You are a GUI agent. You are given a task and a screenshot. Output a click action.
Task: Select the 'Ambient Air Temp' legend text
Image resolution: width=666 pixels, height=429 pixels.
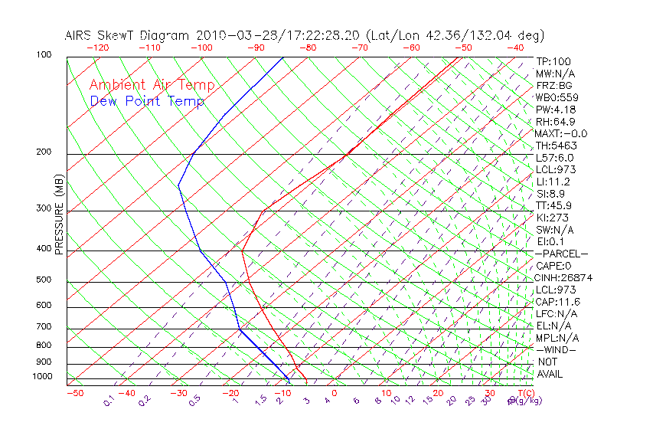click(152, 86)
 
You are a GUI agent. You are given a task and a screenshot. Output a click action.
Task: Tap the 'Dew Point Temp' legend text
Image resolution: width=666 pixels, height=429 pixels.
click(147, 101)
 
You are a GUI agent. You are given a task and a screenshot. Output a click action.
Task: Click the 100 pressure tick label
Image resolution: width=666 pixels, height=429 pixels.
click(44, 55)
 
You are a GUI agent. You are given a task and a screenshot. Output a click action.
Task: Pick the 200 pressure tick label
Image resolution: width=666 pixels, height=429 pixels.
click(44, 152)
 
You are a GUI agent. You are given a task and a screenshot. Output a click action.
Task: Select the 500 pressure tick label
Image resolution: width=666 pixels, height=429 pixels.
click(44, 280)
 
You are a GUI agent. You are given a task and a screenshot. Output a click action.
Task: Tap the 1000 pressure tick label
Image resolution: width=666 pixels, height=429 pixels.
click(41, 377)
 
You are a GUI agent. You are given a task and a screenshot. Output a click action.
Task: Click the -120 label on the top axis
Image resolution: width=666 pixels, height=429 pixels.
click(97, 47)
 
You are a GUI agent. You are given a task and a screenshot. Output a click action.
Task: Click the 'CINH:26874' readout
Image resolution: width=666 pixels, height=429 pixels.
click(564, 277)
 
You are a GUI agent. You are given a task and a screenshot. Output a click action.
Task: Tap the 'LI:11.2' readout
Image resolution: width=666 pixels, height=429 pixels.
click(553, 182)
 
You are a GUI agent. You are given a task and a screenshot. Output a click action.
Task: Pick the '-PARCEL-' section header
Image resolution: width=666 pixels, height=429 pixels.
click(561, 254)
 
